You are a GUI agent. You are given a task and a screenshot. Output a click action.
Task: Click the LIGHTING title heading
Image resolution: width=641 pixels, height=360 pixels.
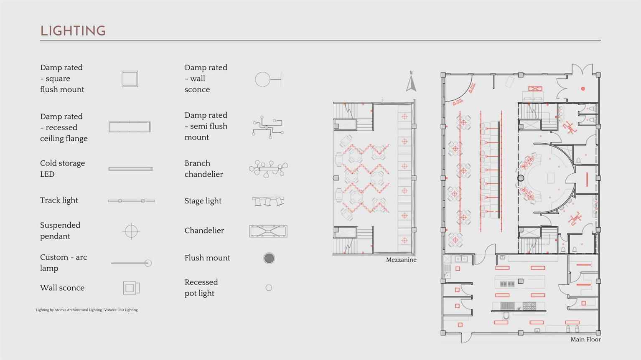73,31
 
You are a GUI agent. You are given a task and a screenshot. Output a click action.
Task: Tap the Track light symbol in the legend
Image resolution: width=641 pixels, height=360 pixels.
131,201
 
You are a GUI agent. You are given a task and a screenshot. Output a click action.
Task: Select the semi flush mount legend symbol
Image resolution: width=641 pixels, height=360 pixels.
268,127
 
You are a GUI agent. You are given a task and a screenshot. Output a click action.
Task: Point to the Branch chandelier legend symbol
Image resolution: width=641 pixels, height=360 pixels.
268,169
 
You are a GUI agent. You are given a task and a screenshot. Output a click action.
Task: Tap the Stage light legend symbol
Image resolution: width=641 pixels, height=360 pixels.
268,201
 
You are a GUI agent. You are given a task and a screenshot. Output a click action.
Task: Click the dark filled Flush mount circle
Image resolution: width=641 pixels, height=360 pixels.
269,258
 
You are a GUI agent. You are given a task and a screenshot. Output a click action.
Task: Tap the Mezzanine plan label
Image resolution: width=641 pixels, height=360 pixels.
401,260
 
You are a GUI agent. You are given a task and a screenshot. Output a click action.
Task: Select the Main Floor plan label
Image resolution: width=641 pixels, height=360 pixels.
585,340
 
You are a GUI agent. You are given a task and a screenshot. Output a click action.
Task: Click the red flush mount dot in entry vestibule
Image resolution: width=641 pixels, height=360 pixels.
583,89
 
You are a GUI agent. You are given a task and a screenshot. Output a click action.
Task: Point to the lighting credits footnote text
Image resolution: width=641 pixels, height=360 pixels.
87,310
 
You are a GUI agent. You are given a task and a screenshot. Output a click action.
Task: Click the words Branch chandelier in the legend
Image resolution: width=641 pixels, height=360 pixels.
204,169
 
